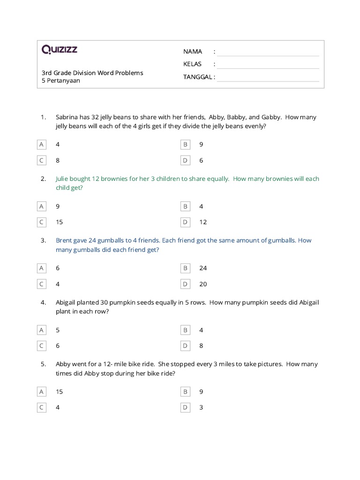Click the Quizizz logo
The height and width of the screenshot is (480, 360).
[x=60, y=50]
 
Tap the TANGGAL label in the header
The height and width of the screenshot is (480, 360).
[x=199, y=77]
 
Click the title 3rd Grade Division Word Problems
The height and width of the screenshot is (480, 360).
[x=92, y=73]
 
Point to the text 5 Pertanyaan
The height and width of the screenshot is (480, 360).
[x=61, y=81]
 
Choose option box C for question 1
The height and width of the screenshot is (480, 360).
[x=41, y=160]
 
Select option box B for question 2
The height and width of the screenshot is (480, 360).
[x=185, y=206]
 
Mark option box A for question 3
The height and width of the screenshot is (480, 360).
[x=41, y=268]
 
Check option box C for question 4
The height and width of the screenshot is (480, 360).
[x=41, y=346]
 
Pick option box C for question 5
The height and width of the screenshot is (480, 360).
[x=41, y=407]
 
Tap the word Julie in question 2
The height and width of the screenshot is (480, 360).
[x=63, y=179]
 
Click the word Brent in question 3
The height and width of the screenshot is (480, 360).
[x=64, y=240]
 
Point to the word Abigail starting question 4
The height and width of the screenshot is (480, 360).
[x=67, y=302]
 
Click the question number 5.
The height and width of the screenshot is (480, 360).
[x=43, y=364]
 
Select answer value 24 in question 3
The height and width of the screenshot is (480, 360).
[x=203, y=268]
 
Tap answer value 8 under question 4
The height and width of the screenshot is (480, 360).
[x=201, y=346]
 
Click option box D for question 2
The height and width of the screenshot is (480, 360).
[x=185, y=222]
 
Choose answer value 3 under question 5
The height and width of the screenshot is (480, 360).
[x=201, y=407]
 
